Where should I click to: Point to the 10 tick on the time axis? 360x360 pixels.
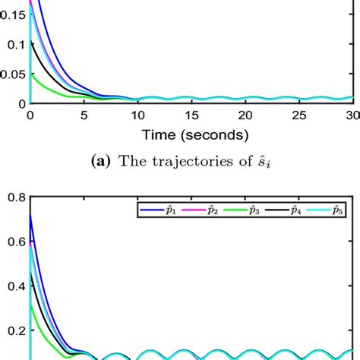pyautogui.click(x=137, y=114)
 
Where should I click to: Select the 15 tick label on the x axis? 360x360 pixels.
pyautogui.click(x=191, y=114)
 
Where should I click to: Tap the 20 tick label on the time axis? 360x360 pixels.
pyautogui.click(x=245, y=114)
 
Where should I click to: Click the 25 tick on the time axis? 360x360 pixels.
pyautogui.click(x=298, y=114)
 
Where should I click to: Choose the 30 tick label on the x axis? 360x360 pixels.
pyautogui.click(x=351, y=114)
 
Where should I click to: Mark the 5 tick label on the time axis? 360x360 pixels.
pyautogui.click(x=84, y=114)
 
